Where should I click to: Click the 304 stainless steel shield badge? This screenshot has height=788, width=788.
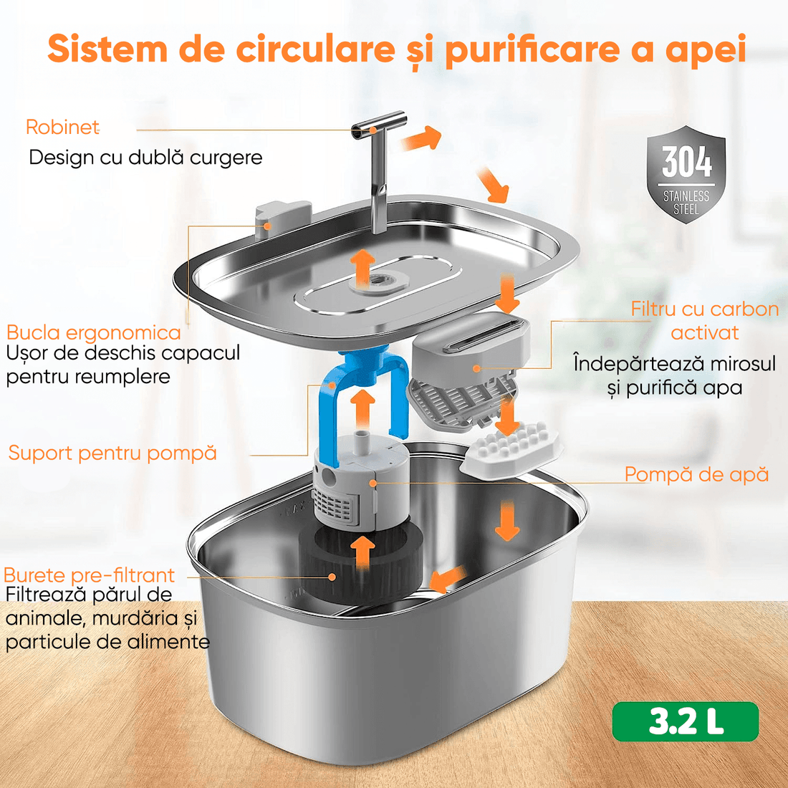(x=686, y=175)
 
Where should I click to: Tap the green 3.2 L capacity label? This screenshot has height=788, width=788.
(x=685, y=721)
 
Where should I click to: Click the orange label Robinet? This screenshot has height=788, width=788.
(x=62, y=127)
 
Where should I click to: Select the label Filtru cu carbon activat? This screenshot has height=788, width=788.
(x=704, y=320)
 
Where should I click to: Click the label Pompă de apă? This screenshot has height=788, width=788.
(x=696, y=474)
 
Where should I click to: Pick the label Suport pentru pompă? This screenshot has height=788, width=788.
(x=112, y=453)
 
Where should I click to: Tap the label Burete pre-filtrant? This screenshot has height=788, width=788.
(x=89, y=575)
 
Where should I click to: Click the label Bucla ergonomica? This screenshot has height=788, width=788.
(x=94, y=332)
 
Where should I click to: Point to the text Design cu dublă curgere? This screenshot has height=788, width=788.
(x=145, y=158)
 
